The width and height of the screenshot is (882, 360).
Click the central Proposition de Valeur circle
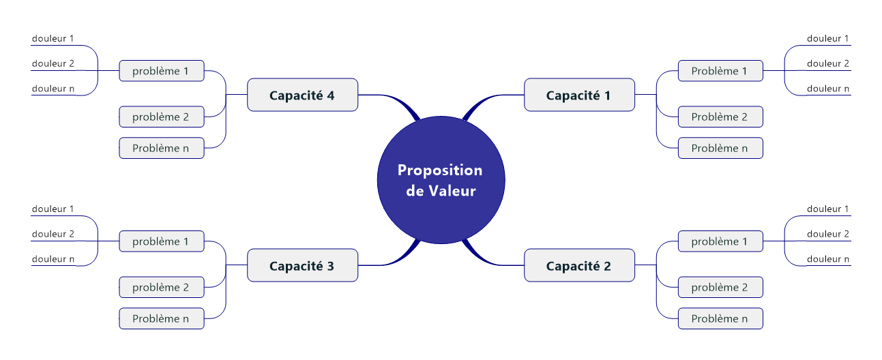[x=441, y=180]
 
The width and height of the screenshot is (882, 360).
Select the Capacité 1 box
[x=579, y=95]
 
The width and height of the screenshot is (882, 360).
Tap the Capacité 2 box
[x=579, y=265]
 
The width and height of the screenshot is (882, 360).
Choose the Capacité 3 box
[x=302, y=265]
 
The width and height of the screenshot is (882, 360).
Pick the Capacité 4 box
[x=302, y=95]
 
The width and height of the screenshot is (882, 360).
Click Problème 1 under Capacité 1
[x=720, y=71]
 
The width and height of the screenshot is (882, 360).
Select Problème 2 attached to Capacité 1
[x=720, y=117]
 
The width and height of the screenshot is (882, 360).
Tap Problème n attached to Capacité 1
[x=720, y=148]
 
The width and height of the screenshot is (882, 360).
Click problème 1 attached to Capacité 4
[x=161, y=71]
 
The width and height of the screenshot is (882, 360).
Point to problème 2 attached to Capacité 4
[x=161, y=117]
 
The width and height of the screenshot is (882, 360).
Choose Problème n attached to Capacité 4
[x=161, y=148]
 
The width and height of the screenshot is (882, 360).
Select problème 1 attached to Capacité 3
[x=161, y=241]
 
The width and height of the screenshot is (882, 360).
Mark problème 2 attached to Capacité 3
[x=161, y=287]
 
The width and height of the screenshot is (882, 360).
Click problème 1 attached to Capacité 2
[x=720, y=241]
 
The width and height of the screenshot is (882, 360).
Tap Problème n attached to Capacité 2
[x=720, y=318]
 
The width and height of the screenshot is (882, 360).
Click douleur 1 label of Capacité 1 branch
[x=827, y=39]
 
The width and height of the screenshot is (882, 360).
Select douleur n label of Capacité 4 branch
[x=53, y=89]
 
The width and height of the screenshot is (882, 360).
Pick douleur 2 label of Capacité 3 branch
[x=53, y=234]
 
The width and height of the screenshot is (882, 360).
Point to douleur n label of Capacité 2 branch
[x=827, y=259]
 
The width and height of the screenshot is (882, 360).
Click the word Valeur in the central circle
[x=452, y=191]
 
